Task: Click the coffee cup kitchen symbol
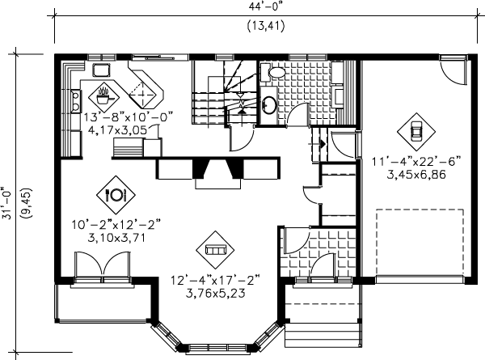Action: coord(104,95)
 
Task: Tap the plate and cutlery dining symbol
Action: coord(115,194)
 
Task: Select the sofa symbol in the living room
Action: coord(214,250)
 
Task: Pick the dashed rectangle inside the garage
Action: coord(420,243)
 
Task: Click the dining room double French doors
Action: coord(102,267)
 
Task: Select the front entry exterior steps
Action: coord(323,328)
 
